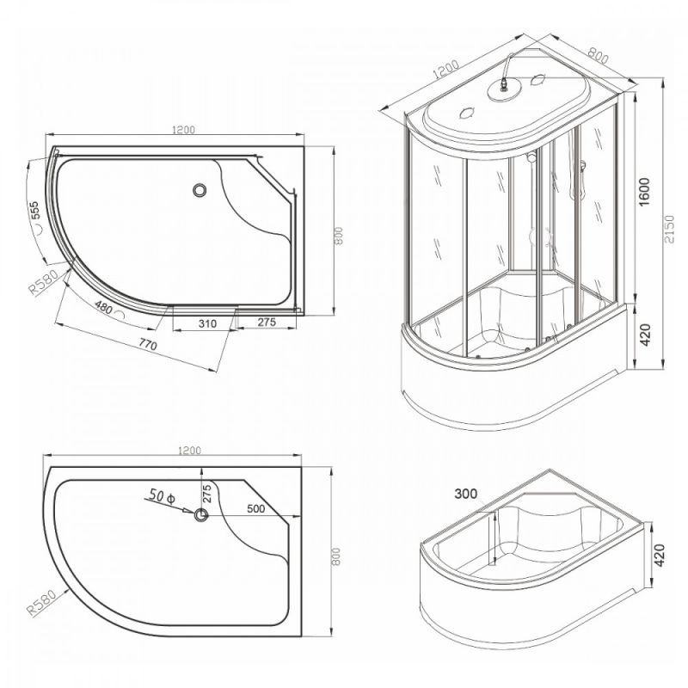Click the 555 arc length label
tap(35, 211)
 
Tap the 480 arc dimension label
tap(103, 308)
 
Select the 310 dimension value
tap(207, 324)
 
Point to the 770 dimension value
tap(148, 345)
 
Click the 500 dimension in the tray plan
tap(255, 508)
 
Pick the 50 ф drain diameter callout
tap(162, 495)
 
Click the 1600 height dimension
tap(643, 192)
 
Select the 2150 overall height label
tap(669, 230)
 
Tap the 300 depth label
tap(465, 494)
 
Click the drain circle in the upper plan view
tap(200, 190)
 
